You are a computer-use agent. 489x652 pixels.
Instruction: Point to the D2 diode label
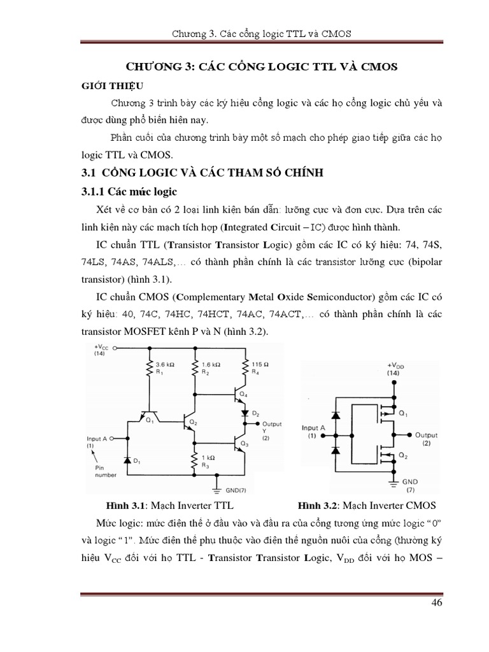[257, 414]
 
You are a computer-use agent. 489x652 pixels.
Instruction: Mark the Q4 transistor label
[243, 394]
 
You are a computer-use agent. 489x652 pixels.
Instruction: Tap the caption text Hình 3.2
[318, 506]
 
